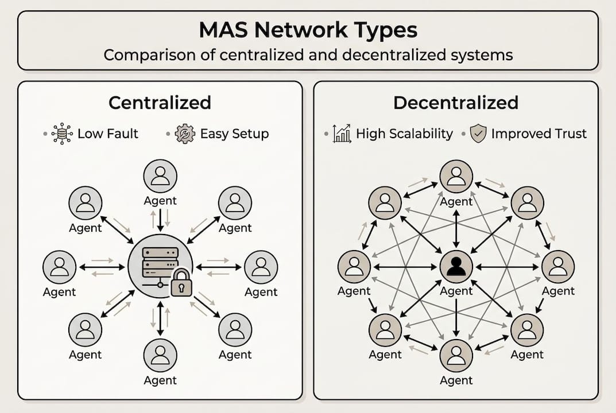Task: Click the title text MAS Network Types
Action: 308,30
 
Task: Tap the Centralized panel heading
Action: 160,103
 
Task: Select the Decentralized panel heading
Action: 456,103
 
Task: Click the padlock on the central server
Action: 181,282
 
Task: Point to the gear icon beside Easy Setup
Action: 185,134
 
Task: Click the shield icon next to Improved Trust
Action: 478,134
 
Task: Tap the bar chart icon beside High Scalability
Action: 342,134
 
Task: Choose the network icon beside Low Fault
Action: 62,134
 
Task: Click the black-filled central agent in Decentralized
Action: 456,267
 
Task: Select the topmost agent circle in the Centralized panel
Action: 160,176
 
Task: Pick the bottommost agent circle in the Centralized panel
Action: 160,355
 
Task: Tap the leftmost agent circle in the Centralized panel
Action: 59,267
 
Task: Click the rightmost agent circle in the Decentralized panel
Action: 558,267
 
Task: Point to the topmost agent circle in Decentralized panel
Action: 456,176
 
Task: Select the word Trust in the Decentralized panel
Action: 570,134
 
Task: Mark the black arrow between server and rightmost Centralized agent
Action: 218,267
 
